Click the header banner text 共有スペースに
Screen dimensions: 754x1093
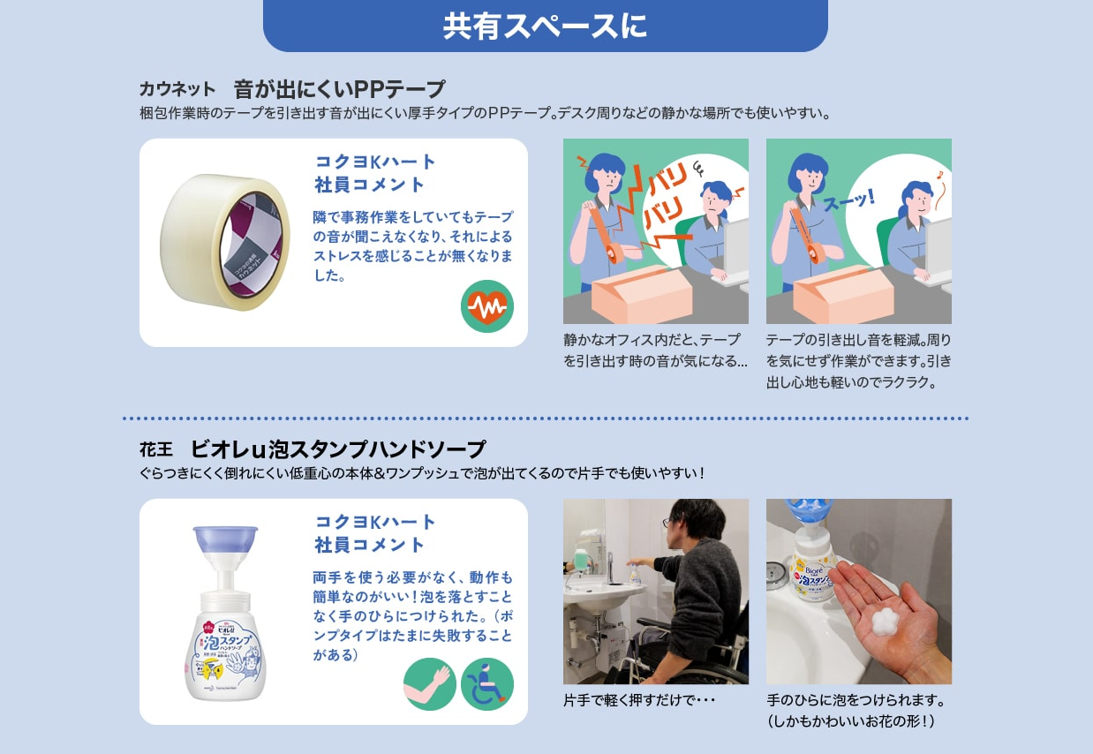(x=545, y=26)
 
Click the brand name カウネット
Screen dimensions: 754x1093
(x=177, y=89)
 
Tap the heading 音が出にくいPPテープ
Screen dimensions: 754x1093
(x=339, y=89)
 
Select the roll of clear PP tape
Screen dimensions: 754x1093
(x=224, y=241)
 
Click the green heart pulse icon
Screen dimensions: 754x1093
(x=486, y=306)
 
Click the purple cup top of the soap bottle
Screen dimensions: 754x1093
(x=225, y=540)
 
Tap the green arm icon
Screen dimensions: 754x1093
(x=429, y=684)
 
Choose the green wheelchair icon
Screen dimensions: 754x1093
(x=486, y=684)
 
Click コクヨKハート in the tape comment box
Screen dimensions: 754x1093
(x=375, y=162)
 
